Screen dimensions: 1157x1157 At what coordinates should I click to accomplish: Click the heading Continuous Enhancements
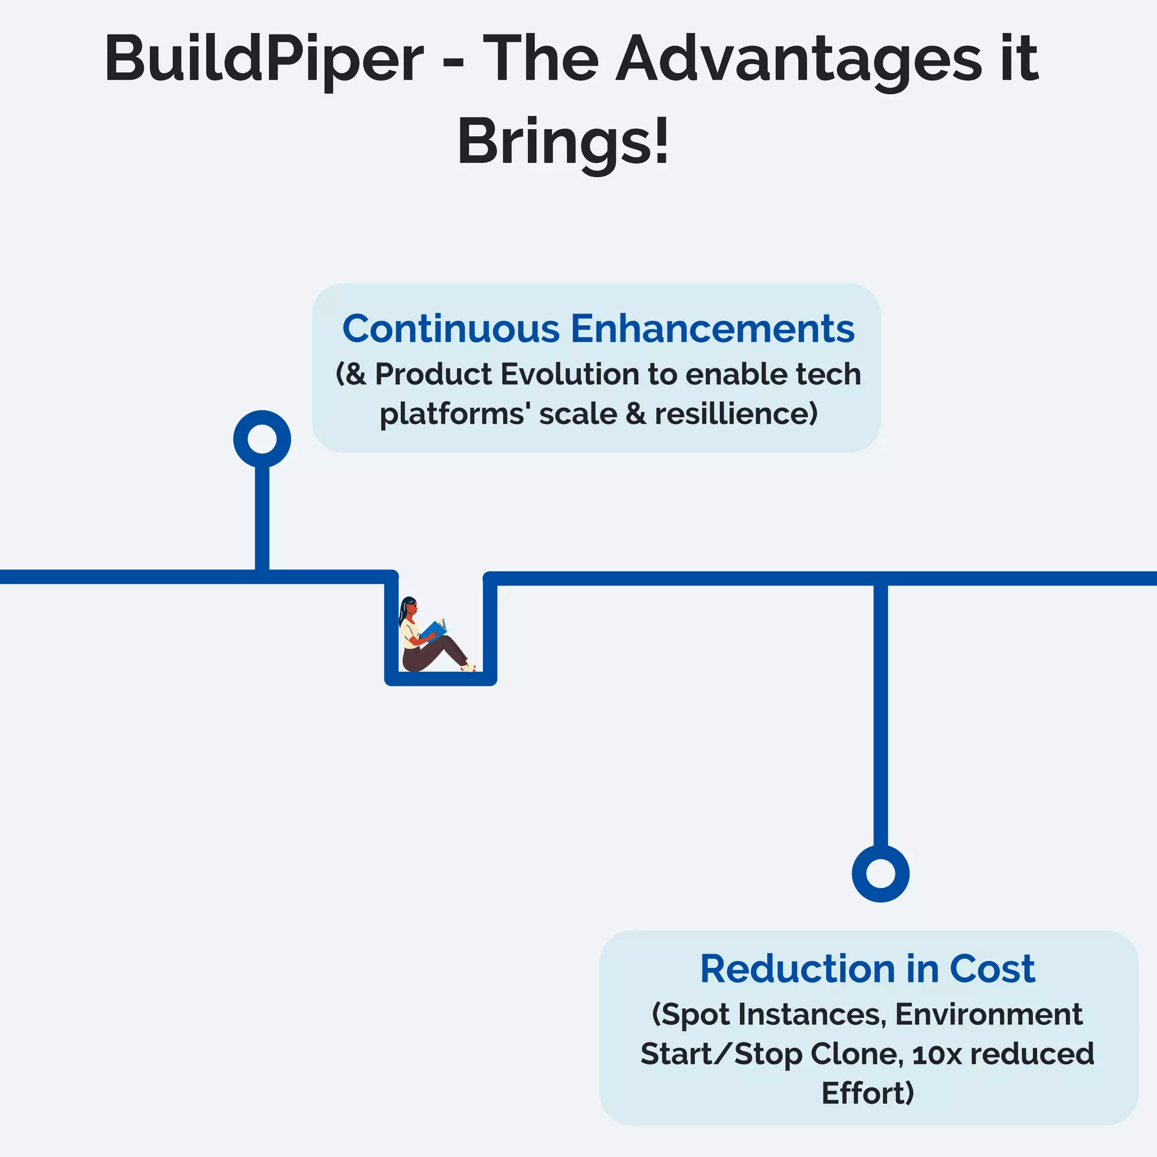pyautogui.click(x=598, y=329)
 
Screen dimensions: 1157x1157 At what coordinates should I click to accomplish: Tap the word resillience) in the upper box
pyautogui.click(x=736, y=414)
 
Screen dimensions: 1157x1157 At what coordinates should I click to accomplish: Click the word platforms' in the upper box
pyautogui.click(x=455, y=414)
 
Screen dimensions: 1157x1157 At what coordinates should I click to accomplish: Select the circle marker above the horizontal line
pyautogui.click(x=262, y=439)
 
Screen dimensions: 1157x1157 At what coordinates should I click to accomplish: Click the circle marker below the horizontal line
pyautogui.click(x=880, y=873)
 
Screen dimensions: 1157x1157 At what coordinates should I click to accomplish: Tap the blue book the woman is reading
pyautogui.click(x=433, y=629)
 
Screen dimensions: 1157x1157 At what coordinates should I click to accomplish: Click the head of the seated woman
pyautogui.click(x=409, y=607)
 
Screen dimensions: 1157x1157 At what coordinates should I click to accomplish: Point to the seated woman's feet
pyautogui.click(x=468, y=667)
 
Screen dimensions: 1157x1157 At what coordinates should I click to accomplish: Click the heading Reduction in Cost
pyautogui.click(x=867, y=968)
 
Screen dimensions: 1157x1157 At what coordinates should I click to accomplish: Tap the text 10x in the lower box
pyautogui.click(x=937, y=1054)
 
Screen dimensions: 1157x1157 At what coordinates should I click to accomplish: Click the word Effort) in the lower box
pyautogui.click(x=867, y=1094)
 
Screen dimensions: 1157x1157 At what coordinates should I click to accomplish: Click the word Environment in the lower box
pyautogui.click(x=988, y=1015)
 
